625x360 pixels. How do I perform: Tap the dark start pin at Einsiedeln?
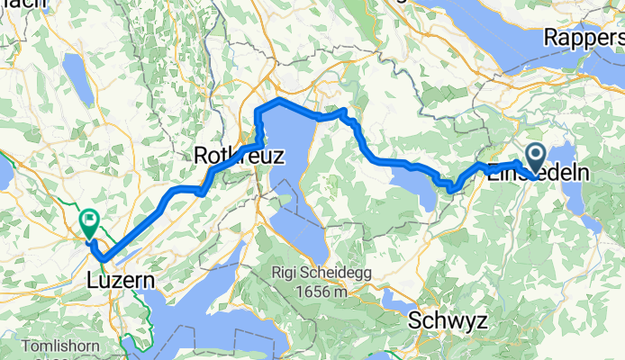click(534, 157)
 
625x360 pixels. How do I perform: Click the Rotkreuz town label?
click(239, 156)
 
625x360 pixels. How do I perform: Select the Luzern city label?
click(121, 282)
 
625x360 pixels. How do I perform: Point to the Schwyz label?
click(441, 320)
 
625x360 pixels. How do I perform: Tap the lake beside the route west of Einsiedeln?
click(415, 185)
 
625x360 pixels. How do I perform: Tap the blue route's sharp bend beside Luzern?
click(102, 258)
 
